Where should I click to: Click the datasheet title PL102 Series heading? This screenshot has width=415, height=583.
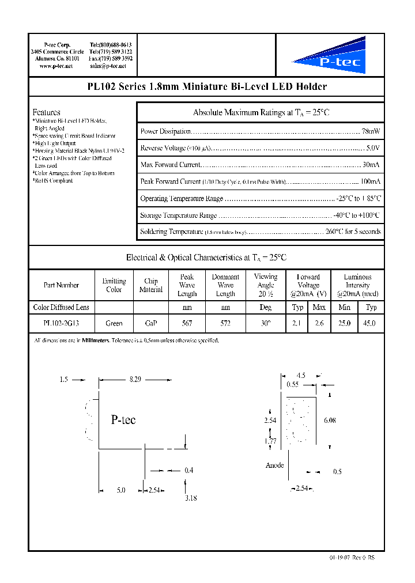pos(206,87)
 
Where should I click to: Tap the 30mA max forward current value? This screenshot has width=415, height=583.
pos(371,165)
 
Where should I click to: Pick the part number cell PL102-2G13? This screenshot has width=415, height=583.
pos(61,324)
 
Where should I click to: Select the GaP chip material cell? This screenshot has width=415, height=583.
pos(150,324)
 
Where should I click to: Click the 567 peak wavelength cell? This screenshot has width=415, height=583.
pos(187,324)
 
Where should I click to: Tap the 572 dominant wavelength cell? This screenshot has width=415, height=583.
pos(225,324)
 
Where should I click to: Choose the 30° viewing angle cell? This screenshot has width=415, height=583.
pos(265,324)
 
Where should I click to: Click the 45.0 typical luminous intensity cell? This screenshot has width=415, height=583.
pos(371,324)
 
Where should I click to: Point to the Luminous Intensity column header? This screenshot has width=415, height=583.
pos(357,285)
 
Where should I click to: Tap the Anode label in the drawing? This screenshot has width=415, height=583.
pos(274,465)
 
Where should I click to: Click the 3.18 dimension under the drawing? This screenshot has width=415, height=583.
pos(191,498)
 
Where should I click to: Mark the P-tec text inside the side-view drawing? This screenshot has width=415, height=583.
pos(123,421)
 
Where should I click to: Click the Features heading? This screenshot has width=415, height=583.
pos(46,112)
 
